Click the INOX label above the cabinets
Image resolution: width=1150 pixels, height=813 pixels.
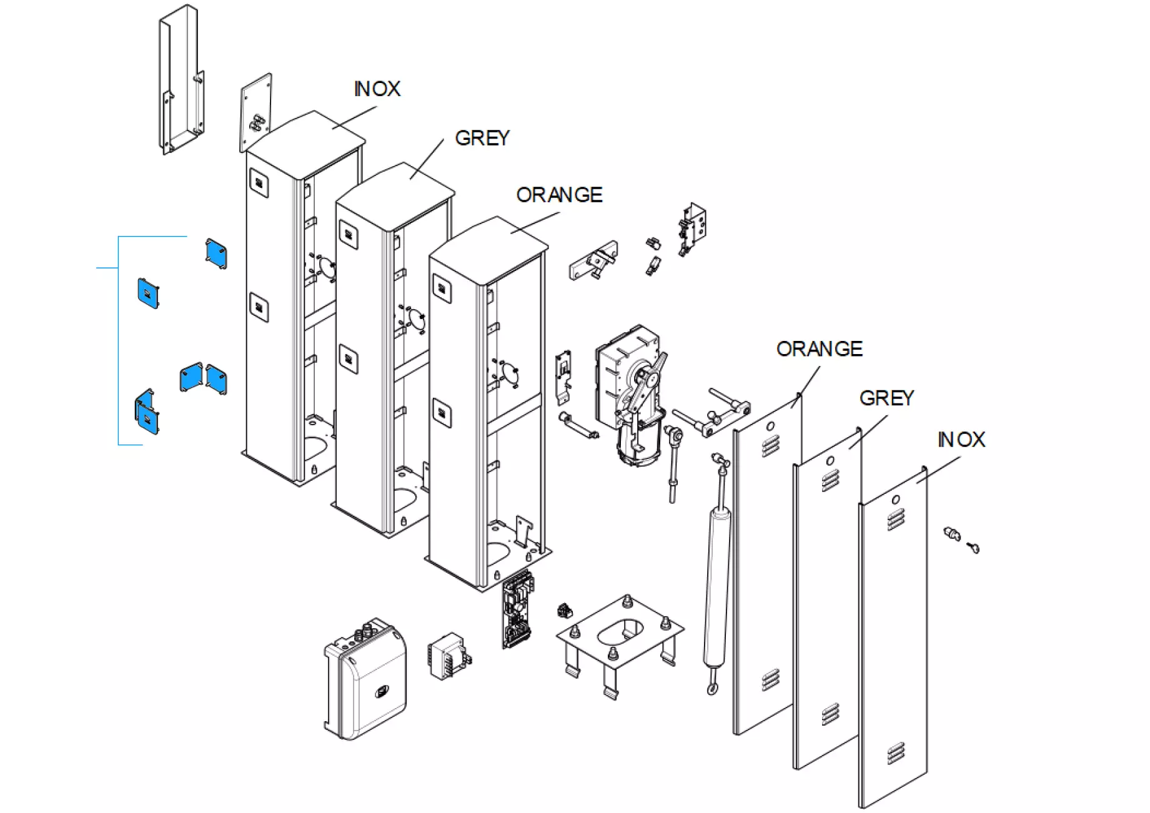coord(377,89)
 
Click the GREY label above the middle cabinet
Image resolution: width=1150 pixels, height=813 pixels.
coord(482,138)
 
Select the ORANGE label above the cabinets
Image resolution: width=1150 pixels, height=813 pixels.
coord(559,195)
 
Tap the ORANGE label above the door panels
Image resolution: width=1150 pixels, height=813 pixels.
coord(819,348)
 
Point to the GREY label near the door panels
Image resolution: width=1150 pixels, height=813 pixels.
coord(886,398)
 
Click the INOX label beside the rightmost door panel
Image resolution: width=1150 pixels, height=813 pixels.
coord(961,440)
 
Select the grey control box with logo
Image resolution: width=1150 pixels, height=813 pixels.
coord(365,684)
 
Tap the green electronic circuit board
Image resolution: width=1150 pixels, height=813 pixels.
coord(518,609)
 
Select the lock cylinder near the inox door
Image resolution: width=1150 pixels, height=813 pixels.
coord(951,533)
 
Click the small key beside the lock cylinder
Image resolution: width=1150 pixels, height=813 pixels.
coord(973,548)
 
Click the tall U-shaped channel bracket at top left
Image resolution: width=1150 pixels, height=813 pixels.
coord(181,81)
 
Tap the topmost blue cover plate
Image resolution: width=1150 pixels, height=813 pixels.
coord(216,253)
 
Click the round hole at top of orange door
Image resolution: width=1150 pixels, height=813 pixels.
coord(770,426)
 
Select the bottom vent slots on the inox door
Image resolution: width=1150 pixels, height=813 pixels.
coord(895,754)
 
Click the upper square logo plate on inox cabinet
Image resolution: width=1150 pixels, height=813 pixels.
coord(259,183)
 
